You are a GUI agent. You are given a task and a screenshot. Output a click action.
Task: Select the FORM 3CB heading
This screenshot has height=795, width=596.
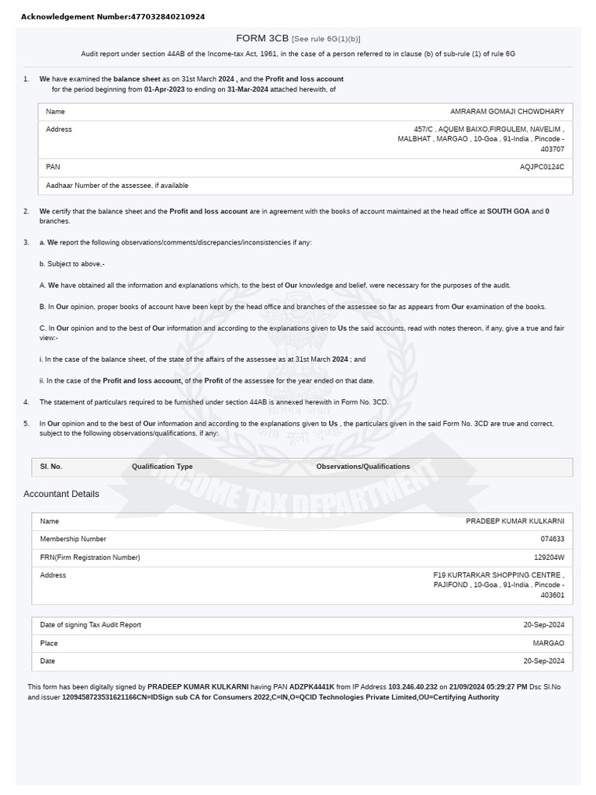tap(262, 38)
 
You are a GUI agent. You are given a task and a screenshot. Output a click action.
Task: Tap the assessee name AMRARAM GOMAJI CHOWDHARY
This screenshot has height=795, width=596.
tap(507, 112)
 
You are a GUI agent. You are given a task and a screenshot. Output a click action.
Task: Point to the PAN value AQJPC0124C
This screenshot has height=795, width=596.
tap(542, 167)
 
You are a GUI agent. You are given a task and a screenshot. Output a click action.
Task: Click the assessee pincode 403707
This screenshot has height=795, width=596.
tap(552, 149)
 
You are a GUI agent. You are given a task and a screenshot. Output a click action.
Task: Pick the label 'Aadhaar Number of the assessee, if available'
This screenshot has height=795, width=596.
tap(116, 186)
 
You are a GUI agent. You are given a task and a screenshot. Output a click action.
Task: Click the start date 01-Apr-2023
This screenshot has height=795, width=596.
tap(164, 89)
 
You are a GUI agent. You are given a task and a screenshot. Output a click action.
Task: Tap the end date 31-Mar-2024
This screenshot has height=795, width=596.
tap(248, 89)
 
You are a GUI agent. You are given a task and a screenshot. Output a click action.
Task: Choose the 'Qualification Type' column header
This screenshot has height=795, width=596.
tap(162, 467)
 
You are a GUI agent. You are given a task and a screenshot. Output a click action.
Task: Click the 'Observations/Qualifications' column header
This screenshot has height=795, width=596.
tap(362, 467)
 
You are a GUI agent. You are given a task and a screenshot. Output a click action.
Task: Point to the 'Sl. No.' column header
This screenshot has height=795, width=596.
tap(51, 467)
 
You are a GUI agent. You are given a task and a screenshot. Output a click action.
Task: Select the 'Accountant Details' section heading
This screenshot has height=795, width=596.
tap(61, 494)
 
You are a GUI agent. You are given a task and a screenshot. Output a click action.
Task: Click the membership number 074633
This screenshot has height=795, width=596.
tap(553, 539)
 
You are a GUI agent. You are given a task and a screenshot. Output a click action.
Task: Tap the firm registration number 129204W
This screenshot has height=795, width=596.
tap(549, 557)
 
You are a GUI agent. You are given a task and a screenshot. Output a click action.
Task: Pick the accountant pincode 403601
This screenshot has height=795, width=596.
tap(553, 595)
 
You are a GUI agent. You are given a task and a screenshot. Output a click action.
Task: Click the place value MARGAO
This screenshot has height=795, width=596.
tap(548, 643)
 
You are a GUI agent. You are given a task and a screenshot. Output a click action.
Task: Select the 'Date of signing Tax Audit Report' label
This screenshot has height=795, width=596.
tap(91, 624)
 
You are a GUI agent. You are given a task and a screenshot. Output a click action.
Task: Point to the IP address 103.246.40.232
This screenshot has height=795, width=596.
tap(413, 687)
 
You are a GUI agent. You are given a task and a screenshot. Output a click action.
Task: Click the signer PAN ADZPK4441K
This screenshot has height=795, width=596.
tap(312, 687)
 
